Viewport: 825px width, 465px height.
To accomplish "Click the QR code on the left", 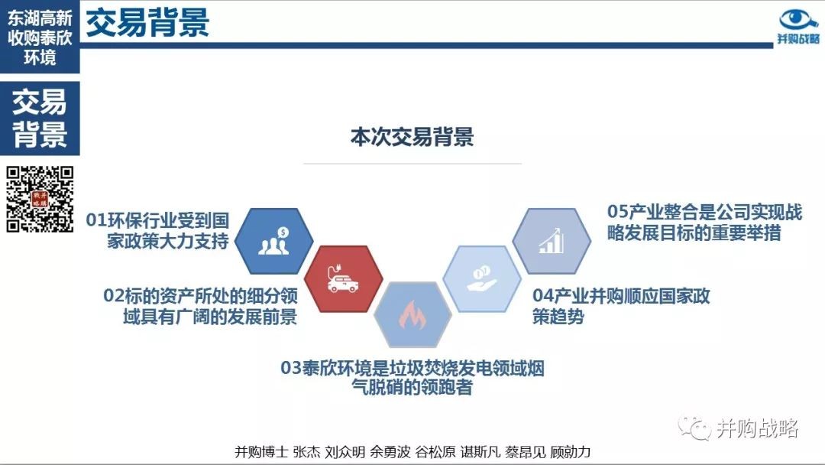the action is click(40, 199).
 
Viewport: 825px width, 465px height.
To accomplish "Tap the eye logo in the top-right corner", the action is click(797, 20).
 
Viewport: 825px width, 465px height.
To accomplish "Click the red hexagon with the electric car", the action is click(343, 278).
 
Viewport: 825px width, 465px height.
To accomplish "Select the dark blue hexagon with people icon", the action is click(273, 241).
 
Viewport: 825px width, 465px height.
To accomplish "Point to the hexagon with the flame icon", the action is click(412, 314).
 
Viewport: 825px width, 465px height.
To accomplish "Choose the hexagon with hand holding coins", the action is click(482, 278).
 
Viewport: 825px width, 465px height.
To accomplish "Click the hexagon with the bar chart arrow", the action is click(552, 241).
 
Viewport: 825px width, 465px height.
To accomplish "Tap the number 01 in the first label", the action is click(96, 220).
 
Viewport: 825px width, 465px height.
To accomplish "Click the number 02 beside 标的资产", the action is click(114, 296).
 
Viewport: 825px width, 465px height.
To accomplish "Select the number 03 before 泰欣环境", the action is click(291, 368).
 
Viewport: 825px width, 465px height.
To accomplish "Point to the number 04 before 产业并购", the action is click(542, 296).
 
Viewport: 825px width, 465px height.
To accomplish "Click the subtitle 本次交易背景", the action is click(412, 137).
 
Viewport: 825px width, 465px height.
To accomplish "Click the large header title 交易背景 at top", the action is click(147, 23).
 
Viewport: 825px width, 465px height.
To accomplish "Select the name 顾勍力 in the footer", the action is click(571, 452).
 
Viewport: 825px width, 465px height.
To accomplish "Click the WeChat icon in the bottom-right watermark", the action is click(694, 428).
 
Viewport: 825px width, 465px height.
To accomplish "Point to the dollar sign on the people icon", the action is click(283, 232).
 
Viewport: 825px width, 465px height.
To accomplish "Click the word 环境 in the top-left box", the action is click(40, 57).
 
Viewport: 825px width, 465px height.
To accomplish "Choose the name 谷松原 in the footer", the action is click(435, 452).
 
